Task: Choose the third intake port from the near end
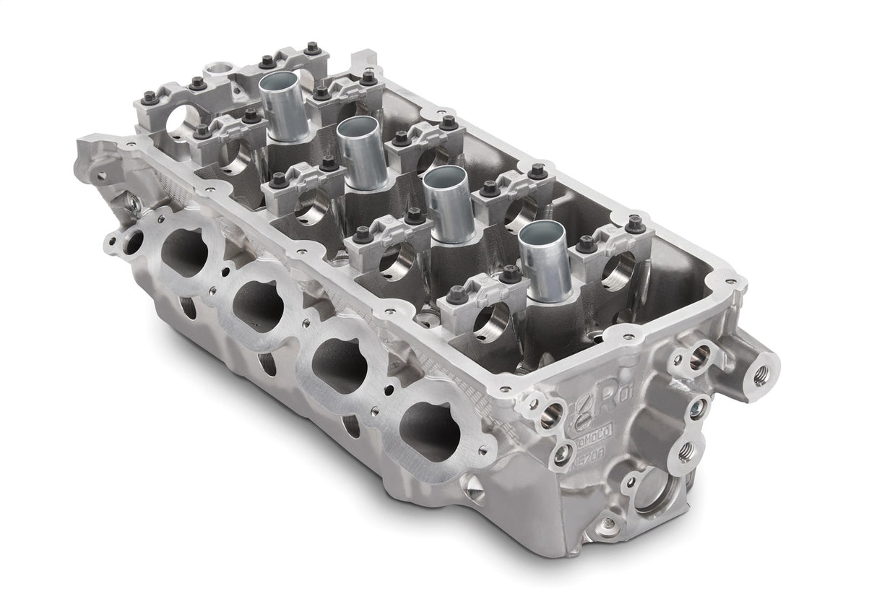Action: pyautogui.click(x=258, y=305)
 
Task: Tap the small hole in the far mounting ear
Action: pyautogui.click(x=100, y=174)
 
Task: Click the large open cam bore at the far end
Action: pyautogui.click(x=180, y=122)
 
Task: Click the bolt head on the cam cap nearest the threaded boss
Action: pyautogui.click(x=636, y=224)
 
